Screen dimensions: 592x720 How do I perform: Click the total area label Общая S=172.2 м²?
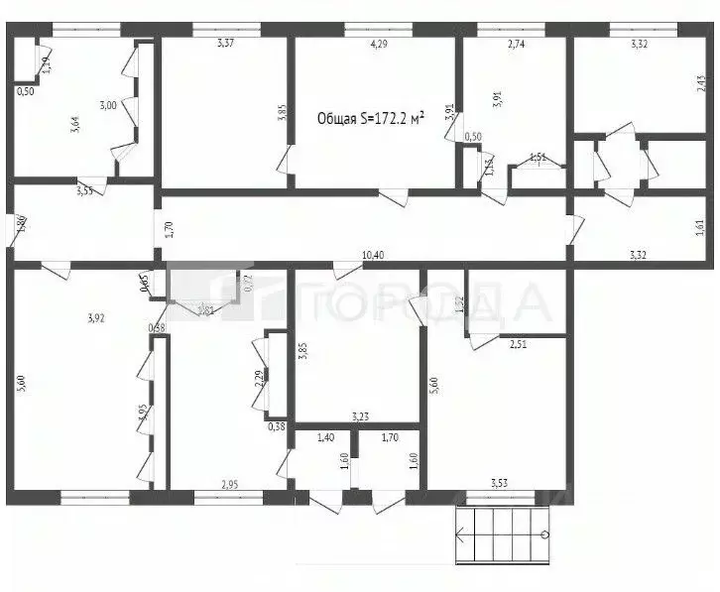point(370,118)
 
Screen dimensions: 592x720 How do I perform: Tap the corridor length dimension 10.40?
point(373,256)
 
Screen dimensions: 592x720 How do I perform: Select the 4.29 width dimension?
point(378,45)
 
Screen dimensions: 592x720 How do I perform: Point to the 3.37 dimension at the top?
point(226,43)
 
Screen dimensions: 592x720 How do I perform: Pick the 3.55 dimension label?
point(86,191)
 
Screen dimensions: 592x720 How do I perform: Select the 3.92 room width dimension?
point(96,318)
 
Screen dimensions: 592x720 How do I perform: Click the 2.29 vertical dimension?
point(259,381)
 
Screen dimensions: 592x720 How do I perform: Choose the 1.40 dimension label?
point(326,436)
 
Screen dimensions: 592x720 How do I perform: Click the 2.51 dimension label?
point(519,345)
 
